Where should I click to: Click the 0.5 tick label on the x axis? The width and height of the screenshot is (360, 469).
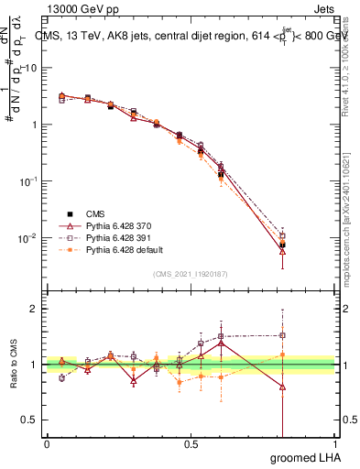[x=191, y=443]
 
